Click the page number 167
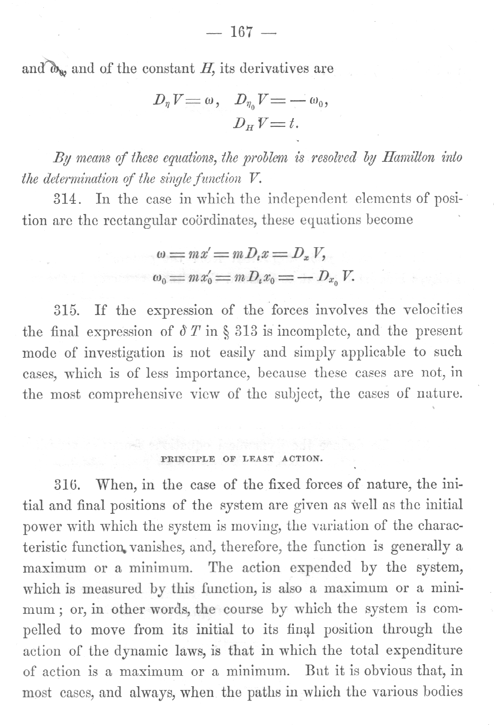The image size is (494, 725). pyautogui.click(x=242, y=32)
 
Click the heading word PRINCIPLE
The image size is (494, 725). pyautogui.click(x=188, y=458)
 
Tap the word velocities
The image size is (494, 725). pyautogui.click(x=432, y=310)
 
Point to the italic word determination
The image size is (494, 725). pyautogui.click(x=73, y=178)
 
